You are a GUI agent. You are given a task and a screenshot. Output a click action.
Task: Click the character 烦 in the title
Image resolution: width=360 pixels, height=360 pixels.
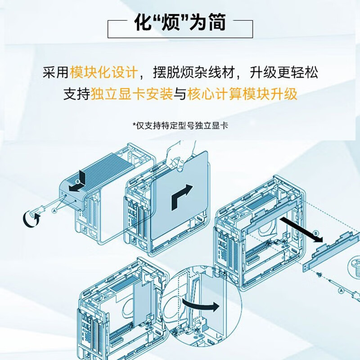pos(171,22)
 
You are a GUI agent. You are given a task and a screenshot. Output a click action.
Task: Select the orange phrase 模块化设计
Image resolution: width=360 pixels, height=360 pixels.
pos(104,72)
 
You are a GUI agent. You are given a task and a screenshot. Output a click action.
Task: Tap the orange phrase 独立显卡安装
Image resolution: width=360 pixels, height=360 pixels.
pos(132,94)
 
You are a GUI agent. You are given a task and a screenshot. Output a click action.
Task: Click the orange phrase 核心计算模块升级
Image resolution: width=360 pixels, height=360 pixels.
pos(242,94)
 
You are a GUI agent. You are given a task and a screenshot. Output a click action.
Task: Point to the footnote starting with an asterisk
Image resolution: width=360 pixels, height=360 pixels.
pos(180,126)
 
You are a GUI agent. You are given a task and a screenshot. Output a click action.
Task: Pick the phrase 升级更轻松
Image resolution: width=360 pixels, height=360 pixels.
pos(284,72)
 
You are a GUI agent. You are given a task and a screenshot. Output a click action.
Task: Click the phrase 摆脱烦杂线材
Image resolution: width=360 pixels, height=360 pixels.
pos(194,72)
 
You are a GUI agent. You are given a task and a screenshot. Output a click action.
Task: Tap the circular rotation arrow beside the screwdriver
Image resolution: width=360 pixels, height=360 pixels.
pos(31,218)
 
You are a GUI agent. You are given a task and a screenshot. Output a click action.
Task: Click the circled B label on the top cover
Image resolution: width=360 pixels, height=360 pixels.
pos(77,182)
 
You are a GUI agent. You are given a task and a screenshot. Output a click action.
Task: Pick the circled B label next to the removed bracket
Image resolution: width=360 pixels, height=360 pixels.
pos(316,234)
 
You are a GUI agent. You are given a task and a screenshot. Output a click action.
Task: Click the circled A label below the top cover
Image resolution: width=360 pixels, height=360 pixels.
pos(54,210)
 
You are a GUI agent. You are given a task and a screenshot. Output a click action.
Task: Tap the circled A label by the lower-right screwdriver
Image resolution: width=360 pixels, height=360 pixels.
pos(341,291)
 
